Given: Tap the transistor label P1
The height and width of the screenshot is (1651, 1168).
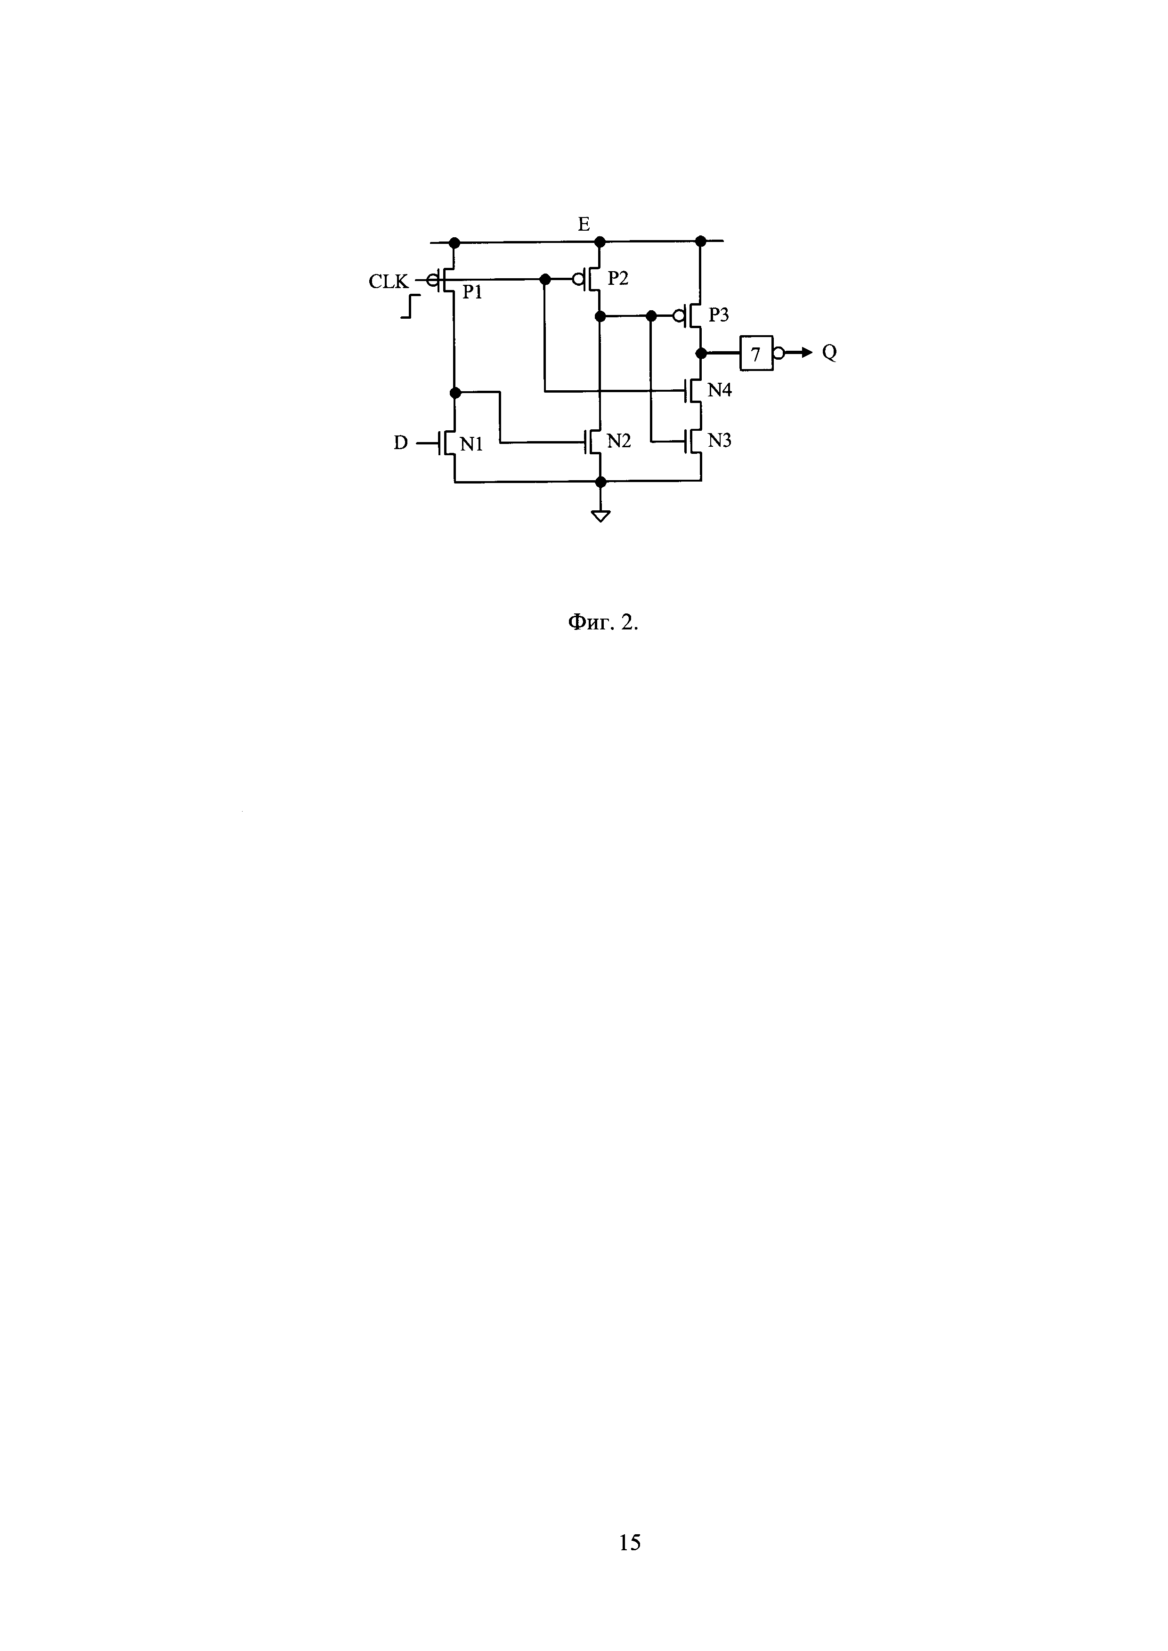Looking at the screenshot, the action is tap(472, 292).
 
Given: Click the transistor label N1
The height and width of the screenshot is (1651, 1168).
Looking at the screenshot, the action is tap(471, 444).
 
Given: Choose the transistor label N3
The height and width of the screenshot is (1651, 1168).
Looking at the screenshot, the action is tap(719, 441).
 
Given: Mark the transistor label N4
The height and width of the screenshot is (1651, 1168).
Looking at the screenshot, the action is tap(719, 390).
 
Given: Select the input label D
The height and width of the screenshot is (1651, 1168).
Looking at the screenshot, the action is tap(401, 443).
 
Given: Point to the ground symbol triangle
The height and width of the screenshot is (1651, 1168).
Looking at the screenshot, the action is tap(600, 515).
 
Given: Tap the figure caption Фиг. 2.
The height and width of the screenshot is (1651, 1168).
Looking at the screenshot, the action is tap(603, 623).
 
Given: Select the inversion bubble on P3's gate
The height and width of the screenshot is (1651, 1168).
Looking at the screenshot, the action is tap(678, 315).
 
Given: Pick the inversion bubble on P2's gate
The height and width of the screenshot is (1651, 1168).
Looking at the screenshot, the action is tap(577, 279).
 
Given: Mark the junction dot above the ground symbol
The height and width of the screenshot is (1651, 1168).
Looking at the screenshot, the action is tap(600, 482).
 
